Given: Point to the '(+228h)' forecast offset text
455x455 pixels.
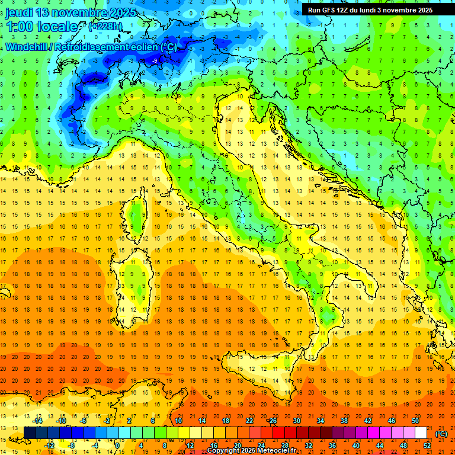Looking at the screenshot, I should (x=105, y=27).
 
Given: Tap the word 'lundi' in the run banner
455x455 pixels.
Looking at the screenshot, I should (x=376, y=10).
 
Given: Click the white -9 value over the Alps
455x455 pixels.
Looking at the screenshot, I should (x=155, y=61).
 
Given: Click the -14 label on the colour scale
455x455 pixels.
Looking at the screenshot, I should (x=38, y=420).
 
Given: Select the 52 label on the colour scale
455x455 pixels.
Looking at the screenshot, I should (x=427, y=446).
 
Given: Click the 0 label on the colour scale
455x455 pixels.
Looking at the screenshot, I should (x=117, y=446).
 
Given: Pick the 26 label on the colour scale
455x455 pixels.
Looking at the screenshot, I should (x=273, y=420).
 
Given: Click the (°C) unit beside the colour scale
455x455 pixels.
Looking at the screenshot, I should (x=441, y=434).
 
